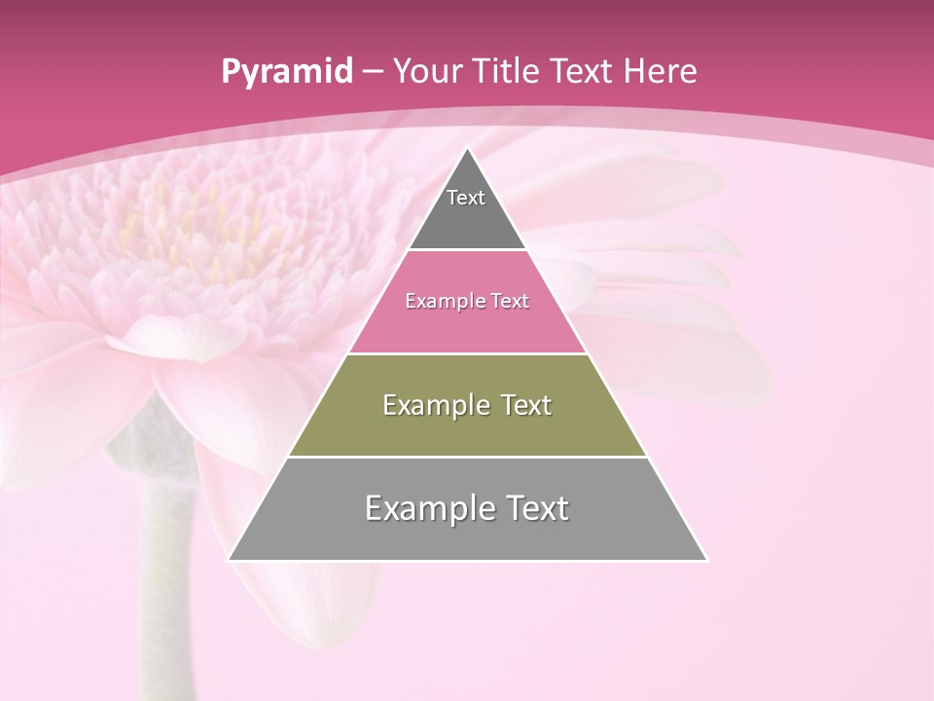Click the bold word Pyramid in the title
click(x=286, y=72)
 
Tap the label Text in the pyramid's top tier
click(x=466, y=198)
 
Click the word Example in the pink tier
click(x=444, y=302)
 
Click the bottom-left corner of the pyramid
click(x=230, y=560)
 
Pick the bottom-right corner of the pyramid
click(x=706, y=560)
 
